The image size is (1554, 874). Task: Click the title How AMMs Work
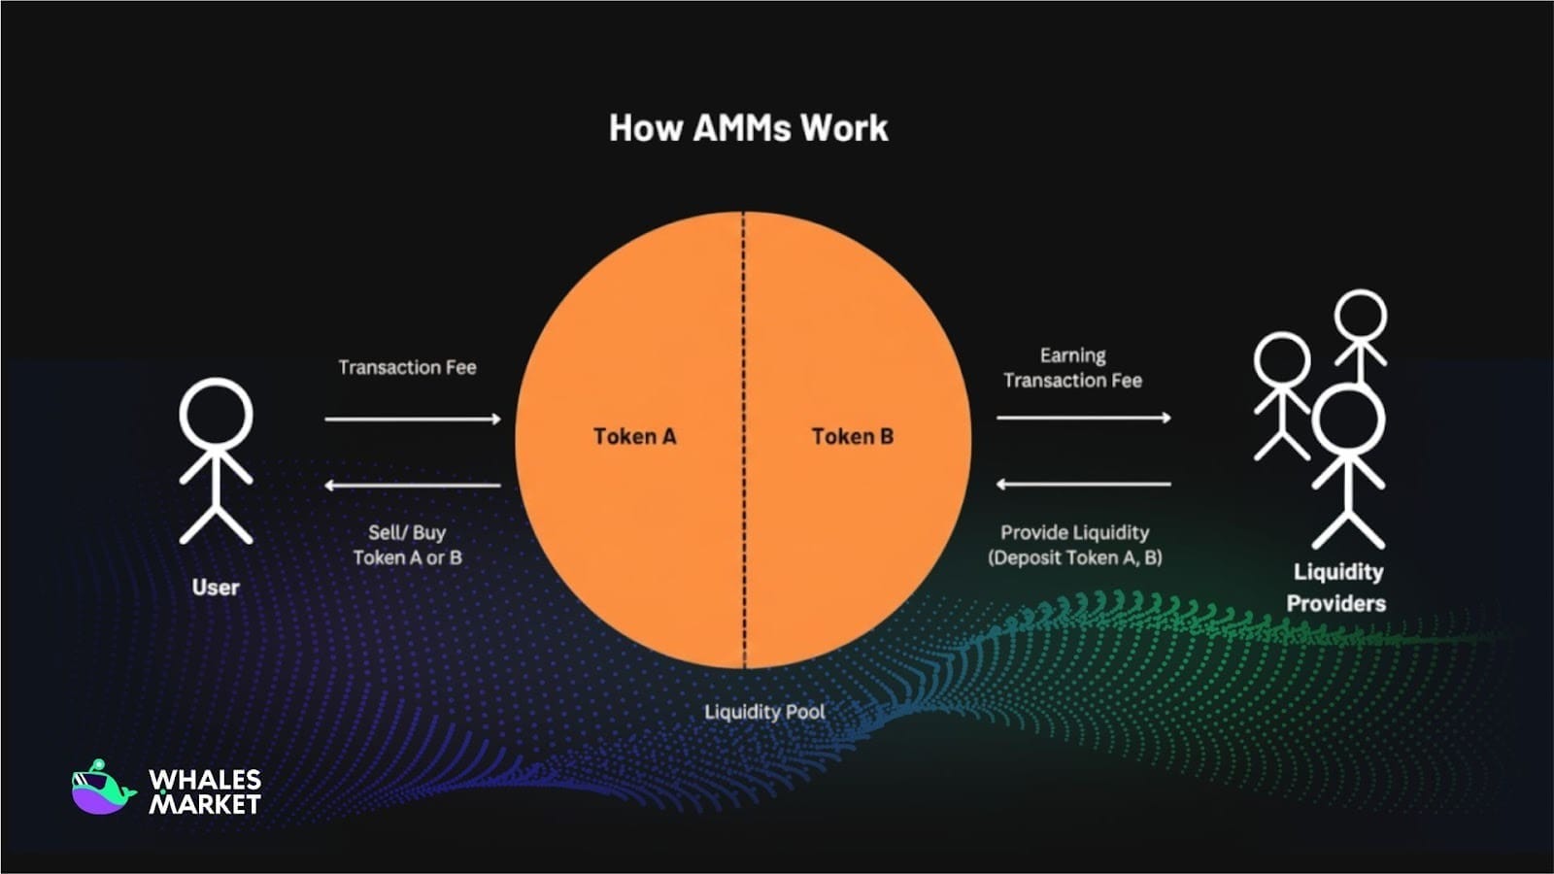[749, 128]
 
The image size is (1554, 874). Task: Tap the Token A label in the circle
[635, 436]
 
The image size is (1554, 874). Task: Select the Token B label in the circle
[853, 436]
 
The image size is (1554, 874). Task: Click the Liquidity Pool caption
[764, 712]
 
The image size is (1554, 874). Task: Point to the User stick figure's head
[216, 414]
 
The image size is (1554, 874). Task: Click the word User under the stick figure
[216, 588]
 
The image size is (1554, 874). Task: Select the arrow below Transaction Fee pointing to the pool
[413, 419]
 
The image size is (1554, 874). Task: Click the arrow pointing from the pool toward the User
[413, 485]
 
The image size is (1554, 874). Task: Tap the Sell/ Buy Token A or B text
[407, 545]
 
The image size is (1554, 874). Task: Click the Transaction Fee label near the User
[407, 367]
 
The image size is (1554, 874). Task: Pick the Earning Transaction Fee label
[1072, 368]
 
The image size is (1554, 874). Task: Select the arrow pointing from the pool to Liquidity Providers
[1084, 418]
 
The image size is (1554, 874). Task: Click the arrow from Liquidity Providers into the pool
[1084, 485]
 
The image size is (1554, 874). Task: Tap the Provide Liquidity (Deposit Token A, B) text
[1074, 545]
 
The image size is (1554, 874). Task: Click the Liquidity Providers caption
[1336, 588]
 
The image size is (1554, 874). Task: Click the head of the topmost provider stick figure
[1361, 317]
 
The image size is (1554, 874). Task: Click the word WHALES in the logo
[205, 780]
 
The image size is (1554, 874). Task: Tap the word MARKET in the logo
[205, 804]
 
